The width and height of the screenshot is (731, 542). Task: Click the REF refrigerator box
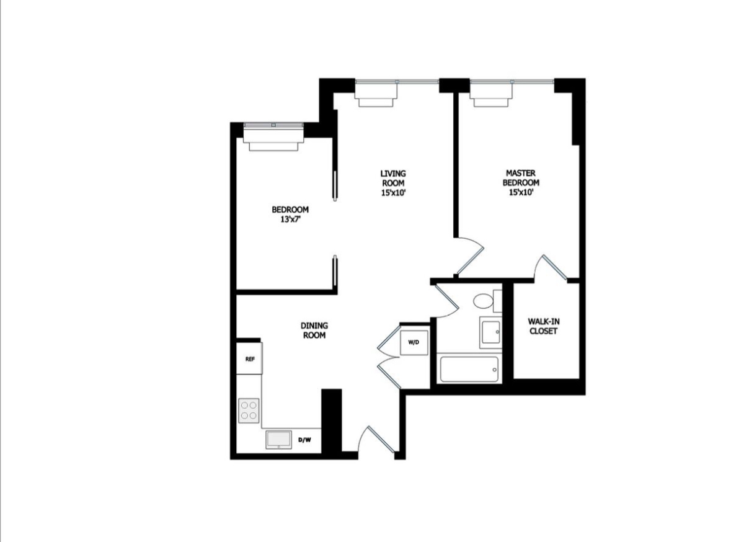(250, 358)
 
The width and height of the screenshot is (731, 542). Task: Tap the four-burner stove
(249, 409)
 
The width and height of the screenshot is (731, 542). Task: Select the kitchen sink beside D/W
(280, 439)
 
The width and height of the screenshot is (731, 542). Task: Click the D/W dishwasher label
(304, 440)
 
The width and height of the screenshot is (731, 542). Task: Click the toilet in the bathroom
(482, 302)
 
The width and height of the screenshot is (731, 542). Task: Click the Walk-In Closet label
(543, 326)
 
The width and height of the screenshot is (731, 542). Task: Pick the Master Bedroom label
(521, 178)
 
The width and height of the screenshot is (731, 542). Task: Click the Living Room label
(393, 178)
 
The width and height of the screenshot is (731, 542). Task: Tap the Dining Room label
(314, 330)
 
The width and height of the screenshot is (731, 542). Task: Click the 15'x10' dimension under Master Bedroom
(521, 192)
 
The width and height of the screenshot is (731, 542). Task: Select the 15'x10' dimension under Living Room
(393, 192)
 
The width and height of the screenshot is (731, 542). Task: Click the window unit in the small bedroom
(273, 137)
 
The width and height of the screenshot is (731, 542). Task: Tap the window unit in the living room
(376, 93)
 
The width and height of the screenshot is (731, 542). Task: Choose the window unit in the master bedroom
(492, 93)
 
